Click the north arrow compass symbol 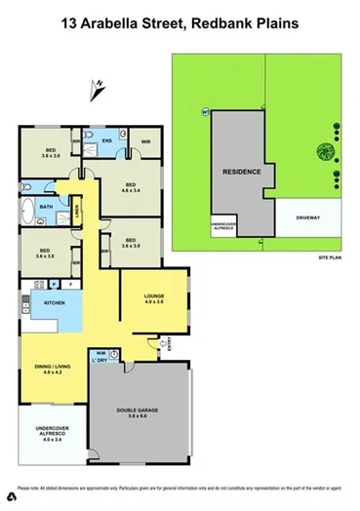(97, 90)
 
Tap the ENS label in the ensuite (108, 141)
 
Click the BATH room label (46, 207)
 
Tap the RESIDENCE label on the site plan (242, 172)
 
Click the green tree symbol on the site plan (321, 150)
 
